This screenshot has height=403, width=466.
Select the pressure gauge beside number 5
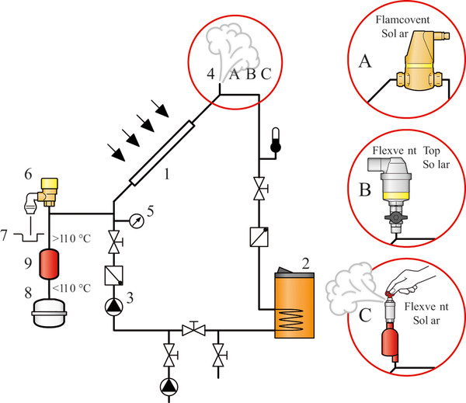(137, 222)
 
